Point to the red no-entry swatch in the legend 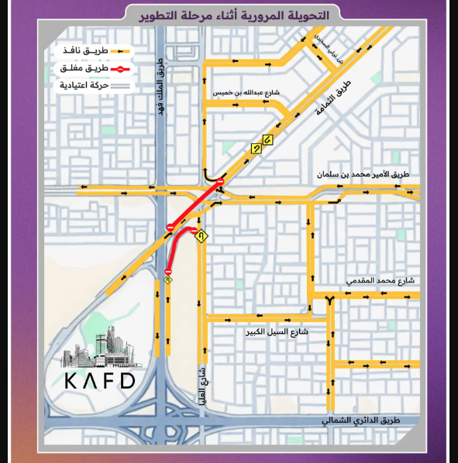[121, 68]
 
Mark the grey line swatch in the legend [121, 84]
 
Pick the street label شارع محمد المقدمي [380, 280]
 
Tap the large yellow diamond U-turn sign [201, 235]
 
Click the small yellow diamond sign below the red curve [167, 280]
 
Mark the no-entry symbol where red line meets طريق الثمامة [220, 182]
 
